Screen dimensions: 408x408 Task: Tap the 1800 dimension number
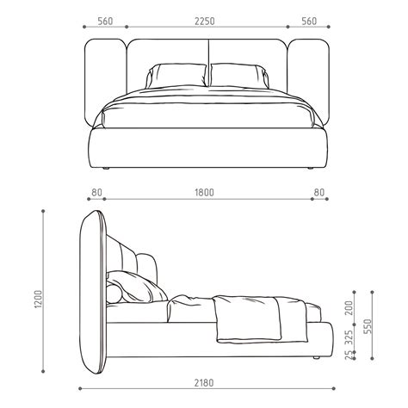(204, 194)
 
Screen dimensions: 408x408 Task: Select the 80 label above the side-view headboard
(96, 194)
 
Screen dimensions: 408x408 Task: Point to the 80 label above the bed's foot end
(319, 194)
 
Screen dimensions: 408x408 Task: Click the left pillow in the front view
(176, 75)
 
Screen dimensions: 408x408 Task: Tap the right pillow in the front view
(237, 75)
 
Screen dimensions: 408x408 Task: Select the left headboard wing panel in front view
(104, 82)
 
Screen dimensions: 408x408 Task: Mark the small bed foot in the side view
(318, 355)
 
